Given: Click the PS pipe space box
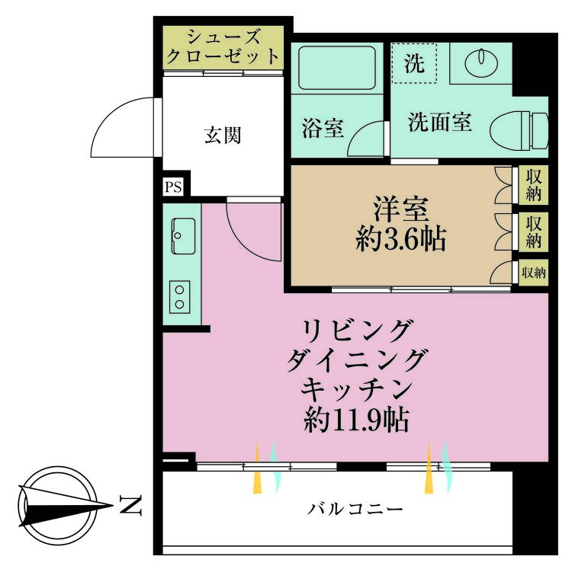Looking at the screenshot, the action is tap(173, 187).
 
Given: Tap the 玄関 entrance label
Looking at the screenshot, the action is tap(223, 135).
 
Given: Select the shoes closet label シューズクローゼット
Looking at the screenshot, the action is tap(223, 46).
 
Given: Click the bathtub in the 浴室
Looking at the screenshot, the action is tap(336, 67).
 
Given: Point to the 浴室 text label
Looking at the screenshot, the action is tap(323, 128).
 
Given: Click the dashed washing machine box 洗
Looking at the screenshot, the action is tap(414, 63).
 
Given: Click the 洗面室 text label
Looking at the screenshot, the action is tap(439, 122).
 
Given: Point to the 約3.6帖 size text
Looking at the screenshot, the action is tap(400, 239).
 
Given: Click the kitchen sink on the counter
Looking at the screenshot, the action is tap(183, 236).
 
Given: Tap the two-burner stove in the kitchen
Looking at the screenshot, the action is tap(179, 297).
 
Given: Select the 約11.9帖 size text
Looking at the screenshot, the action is tap(356, 420).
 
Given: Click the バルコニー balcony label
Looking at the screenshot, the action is tap(355, 509).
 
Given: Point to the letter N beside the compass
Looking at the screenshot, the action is tap(130, 505).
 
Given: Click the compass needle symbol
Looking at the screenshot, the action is tap(66, 506).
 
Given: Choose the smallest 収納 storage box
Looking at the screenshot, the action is tap(533, 273).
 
